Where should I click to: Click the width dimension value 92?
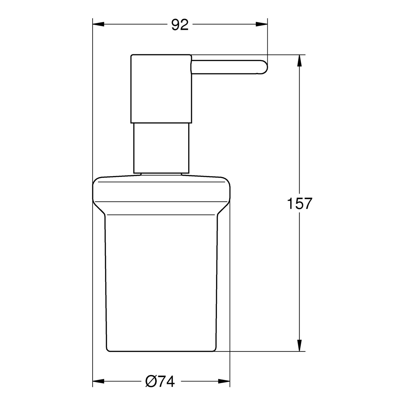pos(180,25)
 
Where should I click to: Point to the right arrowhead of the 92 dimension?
pos(262,24)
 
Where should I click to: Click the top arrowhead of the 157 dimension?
pos(299,61)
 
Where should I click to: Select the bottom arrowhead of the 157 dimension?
pos(299,346)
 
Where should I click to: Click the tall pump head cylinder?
pos(161,88)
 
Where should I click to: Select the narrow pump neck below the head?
pos(161,148)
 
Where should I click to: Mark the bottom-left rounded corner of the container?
pos(108,348)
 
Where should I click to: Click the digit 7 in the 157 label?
pos(306,204)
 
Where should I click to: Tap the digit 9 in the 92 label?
pos(175,25)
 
